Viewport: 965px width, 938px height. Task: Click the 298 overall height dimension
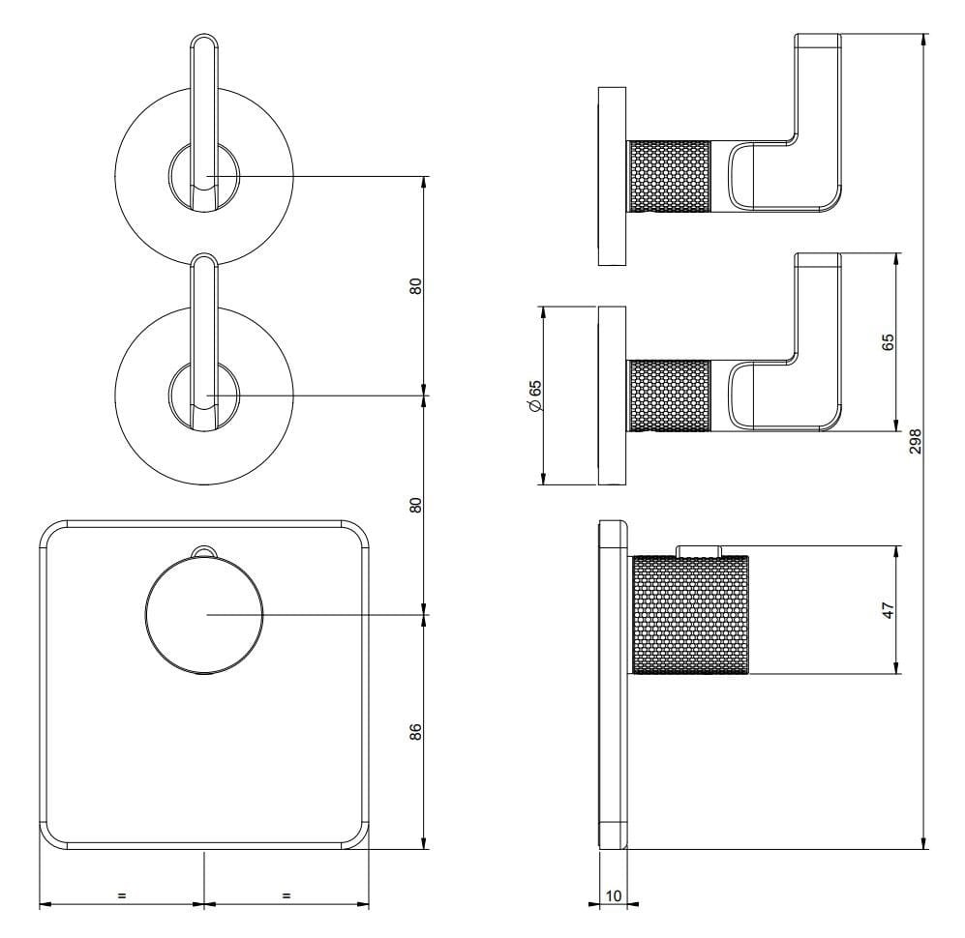[916, 441]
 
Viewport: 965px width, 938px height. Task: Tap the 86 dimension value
[416, 731]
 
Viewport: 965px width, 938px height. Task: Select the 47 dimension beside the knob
[889, 610]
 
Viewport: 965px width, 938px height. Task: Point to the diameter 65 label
[534, 396]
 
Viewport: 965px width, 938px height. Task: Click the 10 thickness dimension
[614, 896]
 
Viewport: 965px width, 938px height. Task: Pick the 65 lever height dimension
[889, 342]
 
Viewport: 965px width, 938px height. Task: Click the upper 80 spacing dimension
[416, 286]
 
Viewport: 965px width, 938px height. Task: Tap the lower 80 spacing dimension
[416, 506]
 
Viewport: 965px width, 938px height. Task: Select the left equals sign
[121, 895]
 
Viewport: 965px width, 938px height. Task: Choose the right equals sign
[286, 895]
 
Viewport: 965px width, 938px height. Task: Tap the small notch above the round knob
[204, 551]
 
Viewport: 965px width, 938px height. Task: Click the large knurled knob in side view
[690, 615]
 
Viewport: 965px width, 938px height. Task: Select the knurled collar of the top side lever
[669, 176]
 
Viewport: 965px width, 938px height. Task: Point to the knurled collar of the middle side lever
[669, 396]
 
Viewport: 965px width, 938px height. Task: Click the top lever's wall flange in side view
[613, 176]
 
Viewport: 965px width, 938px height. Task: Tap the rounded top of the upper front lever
[203, 42]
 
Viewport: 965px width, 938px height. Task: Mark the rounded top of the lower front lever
[203, 261]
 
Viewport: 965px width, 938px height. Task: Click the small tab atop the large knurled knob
[699, 551]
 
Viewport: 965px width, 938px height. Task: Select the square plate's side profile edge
[614, 686]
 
